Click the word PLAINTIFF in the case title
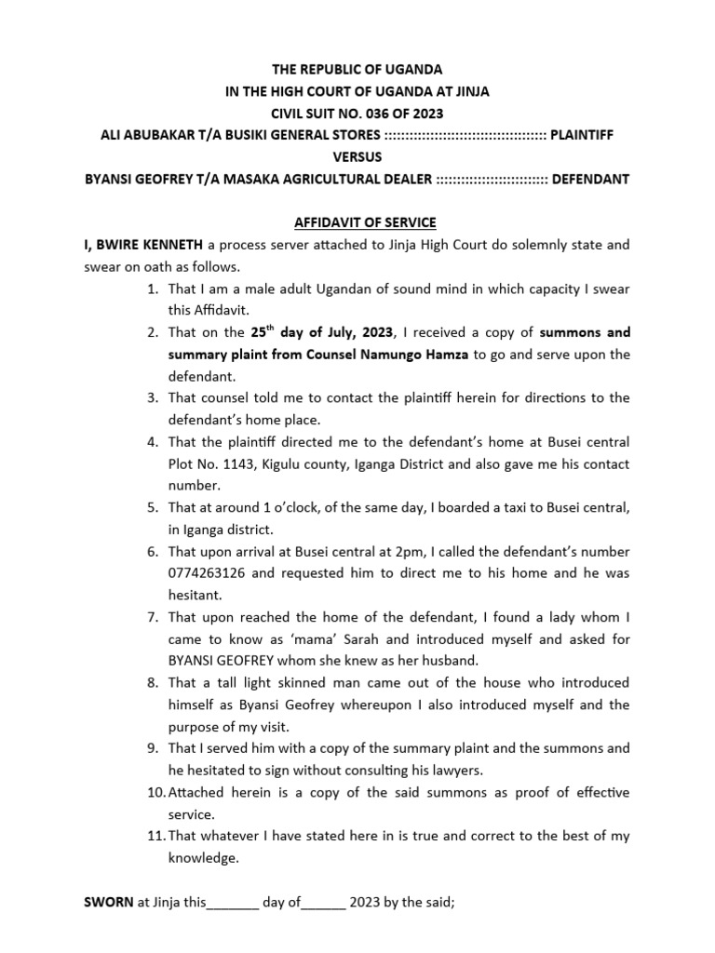583,135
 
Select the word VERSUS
357,156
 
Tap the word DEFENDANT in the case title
591,178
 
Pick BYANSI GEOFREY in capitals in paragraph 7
222,661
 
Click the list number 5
154,507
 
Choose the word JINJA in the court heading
469,91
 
